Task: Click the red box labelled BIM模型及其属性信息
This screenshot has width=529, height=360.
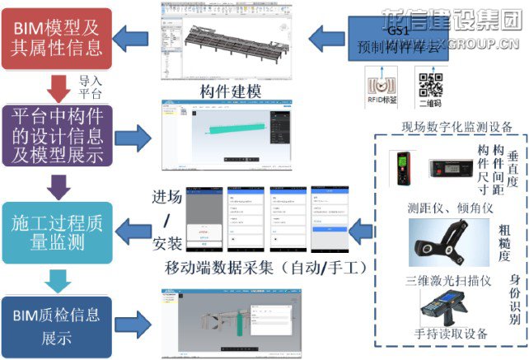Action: pos(57,37)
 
